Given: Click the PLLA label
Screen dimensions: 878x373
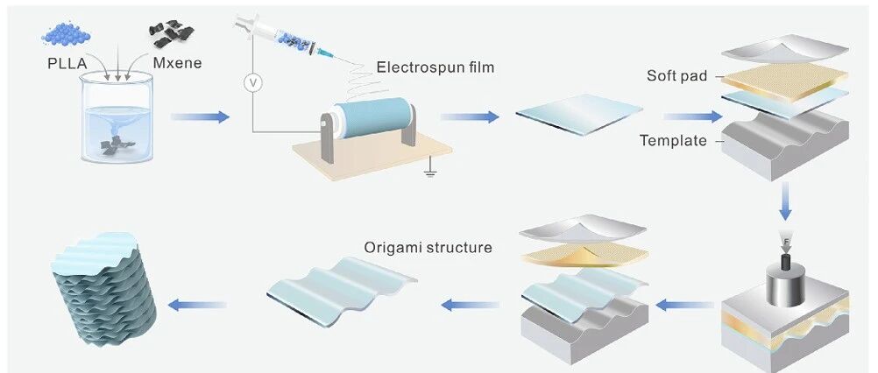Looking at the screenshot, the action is pyautogui.click(x=67, y=63).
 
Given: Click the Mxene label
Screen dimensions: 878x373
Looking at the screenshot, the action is pyautogui.click(x=178, y=63).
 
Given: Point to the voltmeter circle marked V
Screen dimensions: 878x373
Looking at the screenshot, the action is pyautogui.click(x=252, y=83).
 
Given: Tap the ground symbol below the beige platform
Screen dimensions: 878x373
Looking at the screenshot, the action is pyautogui.click(x=430, y=171).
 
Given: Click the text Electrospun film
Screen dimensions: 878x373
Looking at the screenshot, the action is pyautogui.click(x=435, y=67).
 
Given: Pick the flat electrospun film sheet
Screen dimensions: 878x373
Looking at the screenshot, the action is pyautogui.click(x=579, y=114).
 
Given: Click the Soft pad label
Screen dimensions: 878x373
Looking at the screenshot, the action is pyautogui.click(x=676, y=75).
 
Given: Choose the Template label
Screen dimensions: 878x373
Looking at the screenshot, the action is pyautogui.click(x=673, y=140).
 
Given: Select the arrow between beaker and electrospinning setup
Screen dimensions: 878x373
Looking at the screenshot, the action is pyautogui.click(x=200, y=116).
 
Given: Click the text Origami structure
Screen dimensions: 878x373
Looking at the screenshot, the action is pyautogui.click(x=428, y=247).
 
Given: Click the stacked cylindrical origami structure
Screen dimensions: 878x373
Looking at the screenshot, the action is pyautogui.click(x=103, y=289).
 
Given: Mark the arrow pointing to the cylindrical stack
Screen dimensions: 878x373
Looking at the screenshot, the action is pyautogui.click(x=197, y=305).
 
